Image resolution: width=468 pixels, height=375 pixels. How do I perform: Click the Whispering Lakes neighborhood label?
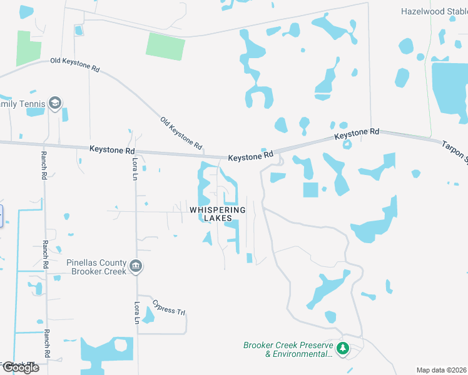218,214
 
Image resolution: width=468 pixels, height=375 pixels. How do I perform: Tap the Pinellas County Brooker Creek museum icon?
136,268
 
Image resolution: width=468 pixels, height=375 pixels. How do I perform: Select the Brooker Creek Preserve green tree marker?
342,348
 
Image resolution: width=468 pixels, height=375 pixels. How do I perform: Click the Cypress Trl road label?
169,308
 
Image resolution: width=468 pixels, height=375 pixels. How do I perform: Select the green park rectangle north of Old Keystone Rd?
166,46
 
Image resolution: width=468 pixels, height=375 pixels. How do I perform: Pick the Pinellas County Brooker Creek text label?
96,267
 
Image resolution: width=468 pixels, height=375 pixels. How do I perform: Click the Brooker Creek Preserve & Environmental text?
288,349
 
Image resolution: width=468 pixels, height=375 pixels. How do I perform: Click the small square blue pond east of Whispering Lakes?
310,189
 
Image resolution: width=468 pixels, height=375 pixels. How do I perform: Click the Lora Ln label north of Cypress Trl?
137,312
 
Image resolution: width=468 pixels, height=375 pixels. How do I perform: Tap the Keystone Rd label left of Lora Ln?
112,150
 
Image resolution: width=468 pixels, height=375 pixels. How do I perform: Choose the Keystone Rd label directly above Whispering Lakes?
251,156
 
